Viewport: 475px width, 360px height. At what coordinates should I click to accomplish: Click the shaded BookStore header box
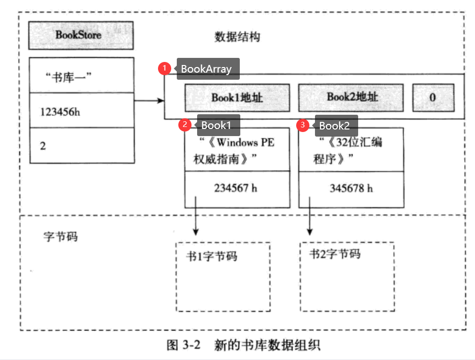81,36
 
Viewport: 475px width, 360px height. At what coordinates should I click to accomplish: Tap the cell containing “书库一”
82,76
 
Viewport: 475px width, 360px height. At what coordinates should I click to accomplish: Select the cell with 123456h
82,111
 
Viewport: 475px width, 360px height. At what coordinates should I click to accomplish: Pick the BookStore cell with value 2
82,146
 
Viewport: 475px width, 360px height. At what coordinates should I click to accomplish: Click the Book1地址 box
237,97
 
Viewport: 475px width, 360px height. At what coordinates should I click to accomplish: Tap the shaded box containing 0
433,97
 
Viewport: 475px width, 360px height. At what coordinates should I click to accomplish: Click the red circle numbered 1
165,68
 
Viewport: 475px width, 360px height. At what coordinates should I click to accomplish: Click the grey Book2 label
335,125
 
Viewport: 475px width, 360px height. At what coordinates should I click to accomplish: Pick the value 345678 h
351,188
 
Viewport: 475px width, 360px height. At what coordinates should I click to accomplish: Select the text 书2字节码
335,254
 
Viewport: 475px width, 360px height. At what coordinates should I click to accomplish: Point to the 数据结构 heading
237,38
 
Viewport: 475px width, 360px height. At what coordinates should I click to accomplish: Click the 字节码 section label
60,236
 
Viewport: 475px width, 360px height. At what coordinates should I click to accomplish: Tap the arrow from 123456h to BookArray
149,101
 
